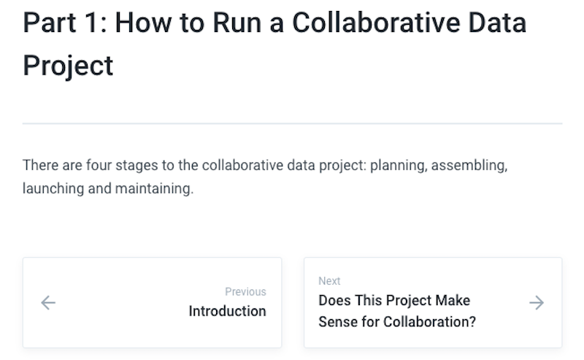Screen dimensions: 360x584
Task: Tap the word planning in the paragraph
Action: click(x=398, y=165)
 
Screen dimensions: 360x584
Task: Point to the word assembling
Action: click(x=469, y=165)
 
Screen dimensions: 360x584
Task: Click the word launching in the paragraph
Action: click(x=50, y=189)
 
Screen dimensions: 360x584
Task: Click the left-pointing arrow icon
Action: click(x=48, y=302)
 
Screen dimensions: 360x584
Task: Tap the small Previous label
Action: click(x=245, y=291)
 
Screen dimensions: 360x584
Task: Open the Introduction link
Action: click(x=227, y=311)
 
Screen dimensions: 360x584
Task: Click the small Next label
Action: click(x=329, y=281)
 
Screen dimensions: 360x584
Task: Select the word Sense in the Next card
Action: click(x=337, y=321)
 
